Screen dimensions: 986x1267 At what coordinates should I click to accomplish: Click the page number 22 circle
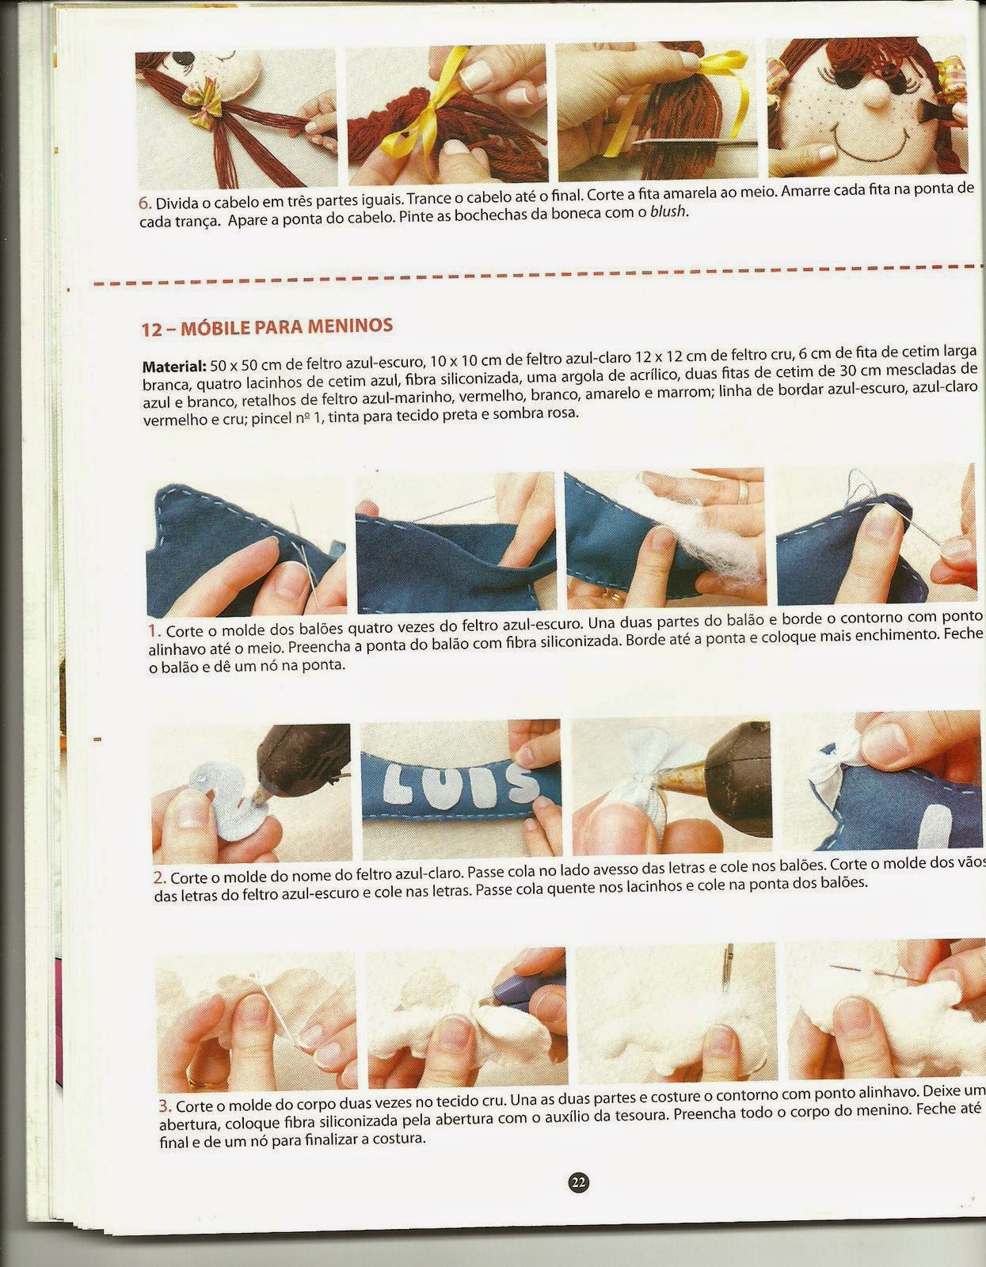tap(578, 1182)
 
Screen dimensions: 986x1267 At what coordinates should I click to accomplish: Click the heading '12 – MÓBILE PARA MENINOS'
tap(268, 327)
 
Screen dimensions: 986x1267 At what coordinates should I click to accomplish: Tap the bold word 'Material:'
tap(174, 367)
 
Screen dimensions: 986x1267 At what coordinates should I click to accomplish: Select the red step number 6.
tap(145, 203)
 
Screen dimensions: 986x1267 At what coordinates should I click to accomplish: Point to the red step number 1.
tap(154, 630)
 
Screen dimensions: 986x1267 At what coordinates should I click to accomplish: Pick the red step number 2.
tap(160, 877)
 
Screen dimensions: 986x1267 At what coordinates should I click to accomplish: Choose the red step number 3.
tap(165, 1106)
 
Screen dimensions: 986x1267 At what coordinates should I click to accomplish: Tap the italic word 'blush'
tap(668, 211)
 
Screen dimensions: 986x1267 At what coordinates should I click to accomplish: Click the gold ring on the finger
tap(743, 493)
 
